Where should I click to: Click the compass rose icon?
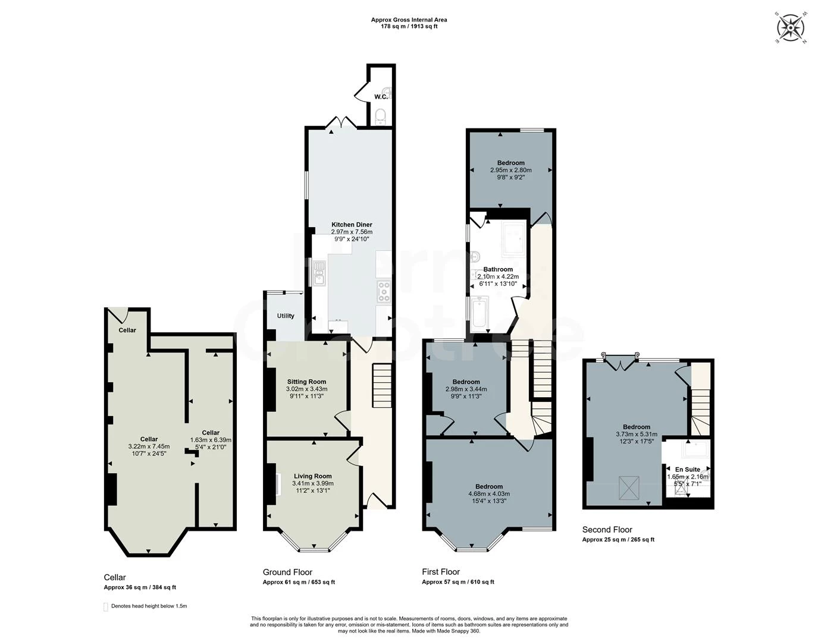pyautogui.click(x=791, y=27)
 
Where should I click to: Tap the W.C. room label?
pyautogui.click(x=381, y=97)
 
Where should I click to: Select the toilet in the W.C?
pyautogui.click(x=381, y=115)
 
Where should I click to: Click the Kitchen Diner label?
pyautogui.click(x=352, y=225)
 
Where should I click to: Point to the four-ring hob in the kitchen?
pyautogui.click(x=384, y=291)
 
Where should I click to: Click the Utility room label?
pyautogui.click(x=286, y=316)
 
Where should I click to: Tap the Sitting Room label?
pyautogui.click(x=306, y=382)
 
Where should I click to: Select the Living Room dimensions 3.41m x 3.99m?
pyautogui.click(x=312, y=483)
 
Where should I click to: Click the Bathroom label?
pyautogui.click(x=498, y=269)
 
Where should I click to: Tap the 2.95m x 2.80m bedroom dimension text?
pyautogui.click(x=510, y=170)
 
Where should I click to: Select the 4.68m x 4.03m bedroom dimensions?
pyautogui.click(x=489, y=493)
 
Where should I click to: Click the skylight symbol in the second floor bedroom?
pyautogui.click(x=628, y=487)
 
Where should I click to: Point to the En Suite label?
pyautogui.click(x=687, y=469)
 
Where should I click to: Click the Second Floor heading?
pyautogui.click(x=607, y=530)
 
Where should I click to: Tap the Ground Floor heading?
pyautogui.click(x=287, y=572)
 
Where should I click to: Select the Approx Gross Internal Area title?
pyautogui.click(x=409, y=20)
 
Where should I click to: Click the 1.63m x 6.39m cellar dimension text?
pyautogui.click(x=211, y=440)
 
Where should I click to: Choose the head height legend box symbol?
pyautogui.click(x=106, y=607)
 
